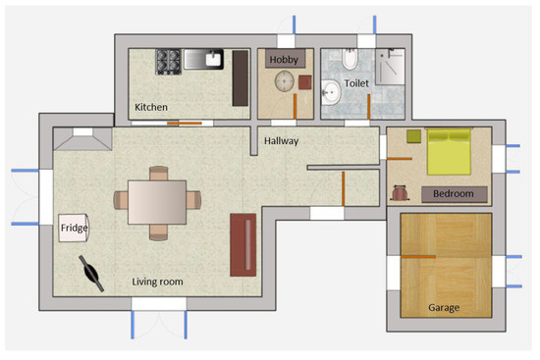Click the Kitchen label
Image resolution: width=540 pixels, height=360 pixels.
(151, 106)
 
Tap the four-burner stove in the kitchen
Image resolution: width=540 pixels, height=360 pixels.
(166, 61)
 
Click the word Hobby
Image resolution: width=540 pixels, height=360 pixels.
(284, 60)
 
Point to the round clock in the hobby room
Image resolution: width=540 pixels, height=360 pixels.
(286, 82)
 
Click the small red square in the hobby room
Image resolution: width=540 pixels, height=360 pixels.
(302, 82)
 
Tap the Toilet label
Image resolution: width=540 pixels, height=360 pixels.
(355, 84)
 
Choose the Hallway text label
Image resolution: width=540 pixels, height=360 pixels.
(282, 141)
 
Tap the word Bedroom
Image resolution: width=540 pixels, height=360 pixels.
(454, 193)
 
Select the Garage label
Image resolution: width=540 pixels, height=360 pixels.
(444, 307)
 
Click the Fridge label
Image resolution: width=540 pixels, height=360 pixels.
(74, 229)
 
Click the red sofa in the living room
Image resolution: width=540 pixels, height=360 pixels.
(243, 243)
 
